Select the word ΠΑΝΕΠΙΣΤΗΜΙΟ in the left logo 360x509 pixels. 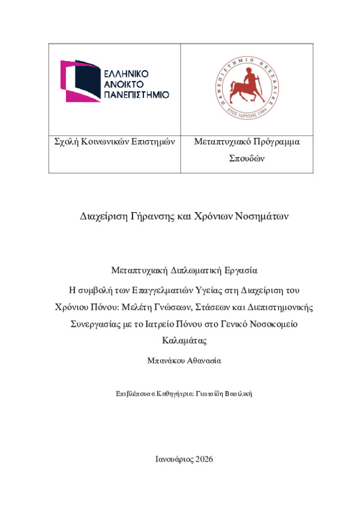pos(136,95)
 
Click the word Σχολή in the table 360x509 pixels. pos(67,142)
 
